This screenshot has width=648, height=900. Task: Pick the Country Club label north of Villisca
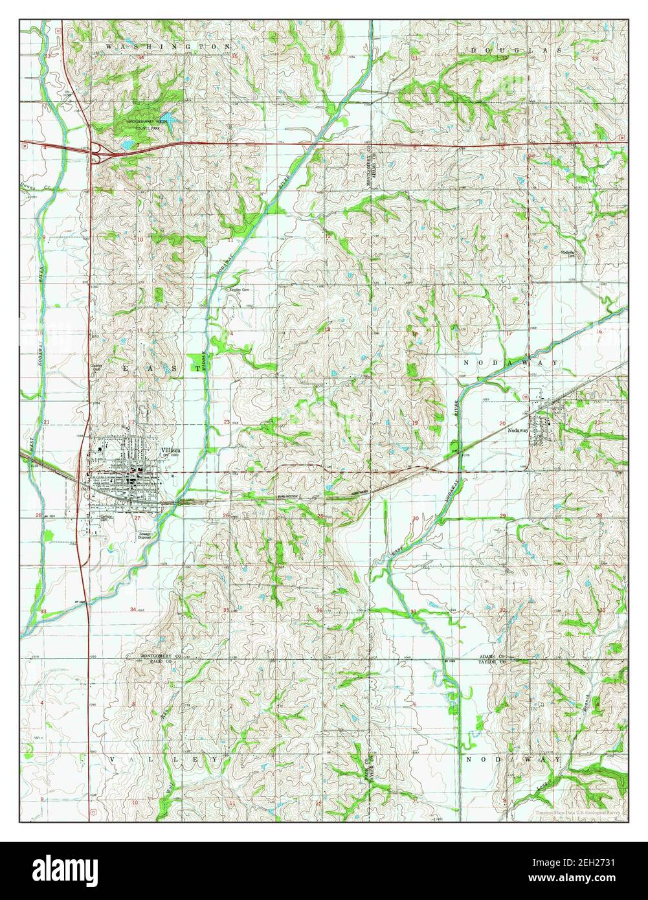point(96,368)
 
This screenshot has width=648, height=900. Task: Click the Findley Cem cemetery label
point(238,290)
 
